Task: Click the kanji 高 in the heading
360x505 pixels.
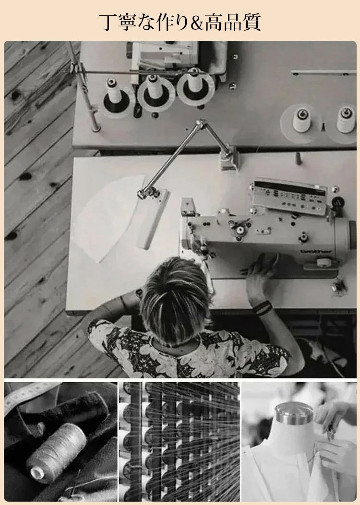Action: coord(215,22)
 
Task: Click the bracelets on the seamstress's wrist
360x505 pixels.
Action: coord(262,307)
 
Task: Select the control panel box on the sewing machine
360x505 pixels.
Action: coord(289,196)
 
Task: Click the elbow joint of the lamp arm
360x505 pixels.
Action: coord(202,124)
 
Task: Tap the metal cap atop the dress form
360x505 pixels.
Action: coord(294,413)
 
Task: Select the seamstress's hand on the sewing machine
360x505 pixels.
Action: coord(260,274)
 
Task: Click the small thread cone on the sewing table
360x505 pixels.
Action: coord(299,158)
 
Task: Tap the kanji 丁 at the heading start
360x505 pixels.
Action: coord(108,22)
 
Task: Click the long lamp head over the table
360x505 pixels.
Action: coord(154,219)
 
